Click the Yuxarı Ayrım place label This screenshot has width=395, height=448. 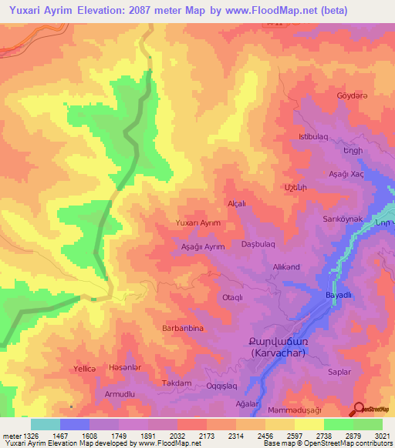click(198, 222)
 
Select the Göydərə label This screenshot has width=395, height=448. click(351, 95)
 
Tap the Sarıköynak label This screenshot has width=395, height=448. click(343, 219)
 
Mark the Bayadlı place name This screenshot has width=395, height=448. click(338, 296)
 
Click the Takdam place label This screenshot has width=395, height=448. click(175, 383)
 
